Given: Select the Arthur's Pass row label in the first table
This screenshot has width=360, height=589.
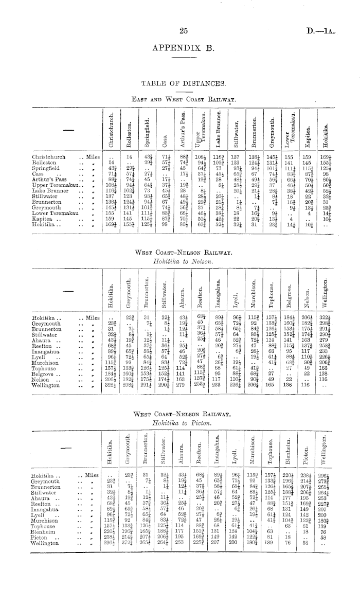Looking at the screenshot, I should coord(49,180).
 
